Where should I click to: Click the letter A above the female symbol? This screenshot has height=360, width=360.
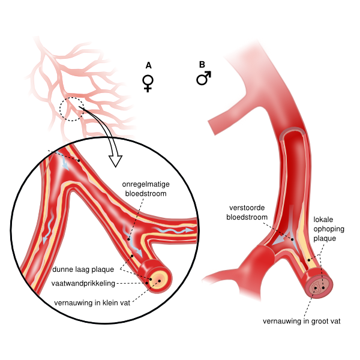[148, 65]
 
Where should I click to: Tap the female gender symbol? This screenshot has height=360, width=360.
[148, 83]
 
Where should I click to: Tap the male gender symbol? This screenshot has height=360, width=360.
[204, 79]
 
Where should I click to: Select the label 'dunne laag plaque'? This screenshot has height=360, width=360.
[83, 269]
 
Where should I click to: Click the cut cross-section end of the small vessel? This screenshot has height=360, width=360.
[160, 277]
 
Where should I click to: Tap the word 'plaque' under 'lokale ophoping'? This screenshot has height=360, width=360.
[326, 238]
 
